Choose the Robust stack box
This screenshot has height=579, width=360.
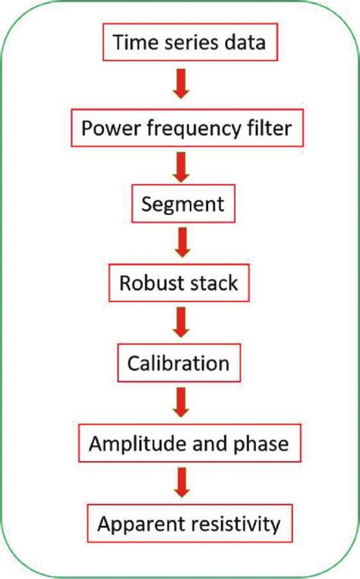tap(179, 283)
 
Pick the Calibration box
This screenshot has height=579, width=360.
tap(179, 362)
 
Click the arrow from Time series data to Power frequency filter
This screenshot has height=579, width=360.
tap(179, 84)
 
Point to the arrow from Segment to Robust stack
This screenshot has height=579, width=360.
tap(179, 244)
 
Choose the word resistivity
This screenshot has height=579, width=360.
tap(232, 524)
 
